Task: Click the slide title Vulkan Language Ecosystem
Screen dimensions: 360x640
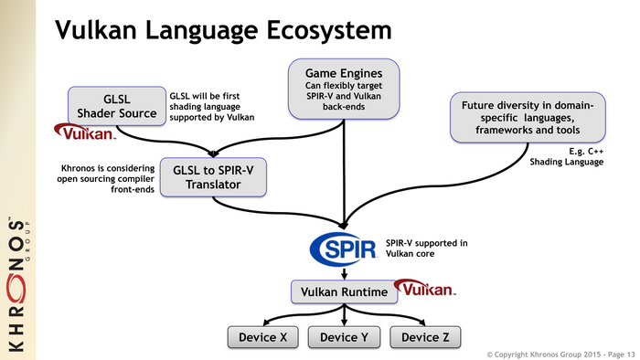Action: [223, 30]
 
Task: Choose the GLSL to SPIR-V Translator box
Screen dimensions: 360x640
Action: [213, 175]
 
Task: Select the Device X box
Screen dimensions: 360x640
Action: [263, 337]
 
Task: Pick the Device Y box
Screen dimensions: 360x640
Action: [345, 337]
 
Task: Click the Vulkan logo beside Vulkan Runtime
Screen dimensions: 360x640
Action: [424, 290]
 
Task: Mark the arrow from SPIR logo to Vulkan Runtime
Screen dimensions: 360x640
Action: [345, 273]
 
